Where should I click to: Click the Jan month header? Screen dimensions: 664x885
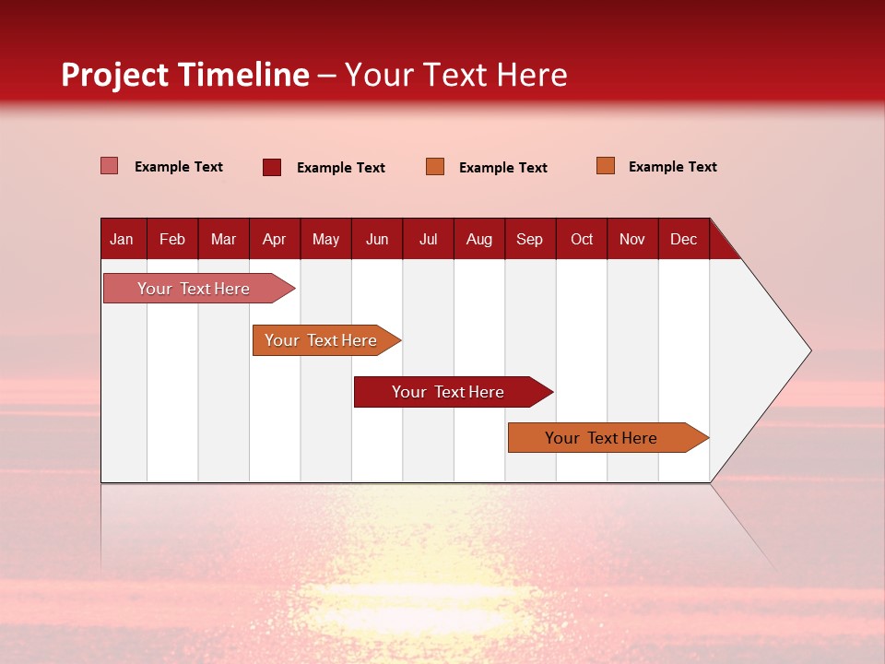[122, 239]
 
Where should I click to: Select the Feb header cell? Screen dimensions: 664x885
[172, 239]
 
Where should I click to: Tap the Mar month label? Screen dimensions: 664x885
[223, 239]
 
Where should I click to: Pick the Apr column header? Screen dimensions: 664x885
[274, 239]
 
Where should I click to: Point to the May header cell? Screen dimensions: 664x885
[325, 239]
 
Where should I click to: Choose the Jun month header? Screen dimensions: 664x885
[377, 239]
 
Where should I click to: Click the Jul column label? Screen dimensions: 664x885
[428, 239]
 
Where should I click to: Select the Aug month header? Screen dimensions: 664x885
[479, 239]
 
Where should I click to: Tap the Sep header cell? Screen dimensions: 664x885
[529, 239]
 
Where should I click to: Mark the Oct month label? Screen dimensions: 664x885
[582, 239]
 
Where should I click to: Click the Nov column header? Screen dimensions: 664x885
[632, 239]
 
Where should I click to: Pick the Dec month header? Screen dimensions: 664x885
[683, 239]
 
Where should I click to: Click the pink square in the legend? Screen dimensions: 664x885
[109, 166]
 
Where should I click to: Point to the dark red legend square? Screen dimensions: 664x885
[271, 167]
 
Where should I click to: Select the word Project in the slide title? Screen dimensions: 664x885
[115, 75]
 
